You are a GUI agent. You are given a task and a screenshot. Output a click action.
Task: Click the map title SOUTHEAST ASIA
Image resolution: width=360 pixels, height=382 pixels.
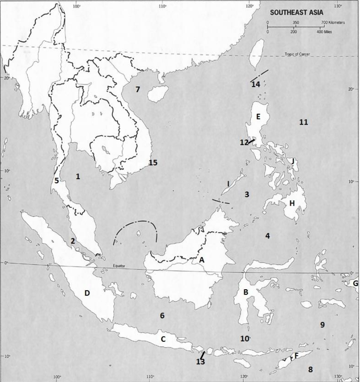296,12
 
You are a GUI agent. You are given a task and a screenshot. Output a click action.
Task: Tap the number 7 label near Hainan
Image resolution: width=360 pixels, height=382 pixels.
138,89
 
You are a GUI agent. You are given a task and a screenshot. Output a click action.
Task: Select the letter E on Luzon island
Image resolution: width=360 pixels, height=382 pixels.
258,117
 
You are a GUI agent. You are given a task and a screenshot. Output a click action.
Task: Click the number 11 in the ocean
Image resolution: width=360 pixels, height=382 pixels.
303,122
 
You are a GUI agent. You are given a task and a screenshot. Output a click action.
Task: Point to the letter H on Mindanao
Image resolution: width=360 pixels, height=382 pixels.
292,203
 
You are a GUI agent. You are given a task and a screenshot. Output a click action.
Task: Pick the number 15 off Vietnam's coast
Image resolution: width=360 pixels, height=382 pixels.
153,163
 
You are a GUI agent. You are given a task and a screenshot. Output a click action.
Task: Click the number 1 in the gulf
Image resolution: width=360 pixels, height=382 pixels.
78,176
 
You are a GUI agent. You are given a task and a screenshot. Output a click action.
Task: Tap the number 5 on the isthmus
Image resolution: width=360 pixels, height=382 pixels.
57,180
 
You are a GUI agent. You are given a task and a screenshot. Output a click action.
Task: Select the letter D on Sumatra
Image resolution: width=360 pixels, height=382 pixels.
87,293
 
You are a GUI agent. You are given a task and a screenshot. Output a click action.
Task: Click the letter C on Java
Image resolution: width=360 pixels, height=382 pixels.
163,339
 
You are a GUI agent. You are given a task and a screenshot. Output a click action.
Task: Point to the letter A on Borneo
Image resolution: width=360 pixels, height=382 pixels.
202,260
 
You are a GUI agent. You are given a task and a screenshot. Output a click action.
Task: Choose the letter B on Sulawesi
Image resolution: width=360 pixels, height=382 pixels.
246,292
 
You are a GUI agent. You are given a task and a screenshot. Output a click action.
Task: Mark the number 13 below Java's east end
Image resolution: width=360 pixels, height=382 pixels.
200,362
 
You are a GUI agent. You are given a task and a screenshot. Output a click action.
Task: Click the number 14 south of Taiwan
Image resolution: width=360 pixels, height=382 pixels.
255,84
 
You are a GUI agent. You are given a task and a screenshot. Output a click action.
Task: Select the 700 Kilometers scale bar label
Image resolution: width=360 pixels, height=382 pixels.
333,23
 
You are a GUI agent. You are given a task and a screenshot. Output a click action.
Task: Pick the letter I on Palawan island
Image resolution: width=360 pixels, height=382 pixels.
228,183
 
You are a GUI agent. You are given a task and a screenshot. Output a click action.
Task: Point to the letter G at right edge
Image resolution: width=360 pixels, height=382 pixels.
355,283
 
